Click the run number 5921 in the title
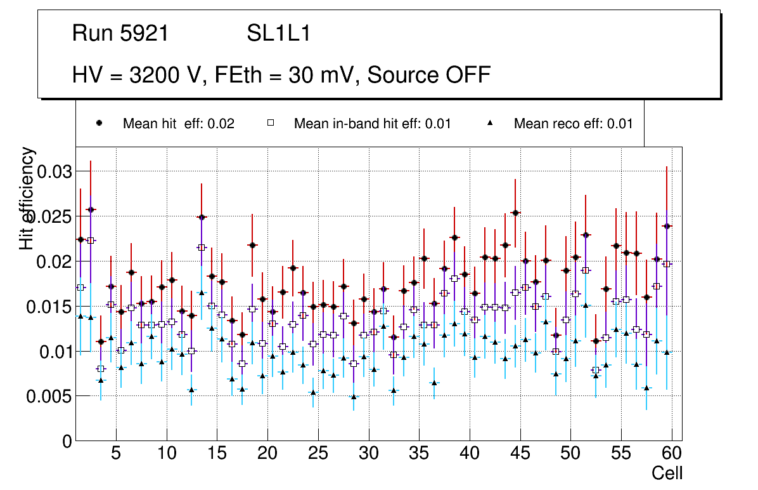click(145, 33)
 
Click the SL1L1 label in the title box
click(278, 33)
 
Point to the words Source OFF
click(429, 75)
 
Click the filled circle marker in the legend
click(99, 123)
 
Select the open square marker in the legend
click(270, 123)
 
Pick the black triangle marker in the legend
click(490, 123)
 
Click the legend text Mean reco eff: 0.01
click(573, 123)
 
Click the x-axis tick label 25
click(318, 454)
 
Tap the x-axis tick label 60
click(672, 454)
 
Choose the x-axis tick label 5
click(116, 454)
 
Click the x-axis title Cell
click(667, 473)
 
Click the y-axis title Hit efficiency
click(27, 198)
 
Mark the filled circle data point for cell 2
click(91, 209)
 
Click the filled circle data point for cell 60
click(667, 226)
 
